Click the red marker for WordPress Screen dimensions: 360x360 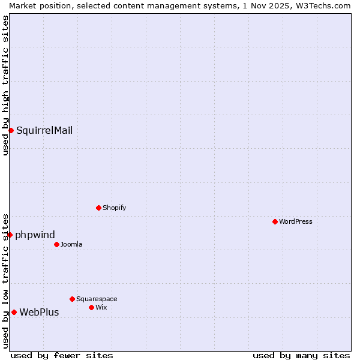click(275, 221)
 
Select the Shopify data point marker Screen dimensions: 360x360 click(98, 208)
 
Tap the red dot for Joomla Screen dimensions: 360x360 click(56, 244)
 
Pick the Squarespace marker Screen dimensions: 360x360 click(72, 299)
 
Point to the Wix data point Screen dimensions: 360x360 click(91, 307)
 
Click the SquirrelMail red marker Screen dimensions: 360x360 click(11, 130)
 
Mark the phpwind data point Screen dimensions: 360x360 click(10, 235)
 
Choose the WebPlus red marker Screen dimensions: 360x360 click(14, 312)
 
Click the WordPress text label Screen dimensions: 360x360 click(296, 221)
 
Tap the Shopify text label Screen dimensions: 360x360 click(114, 208)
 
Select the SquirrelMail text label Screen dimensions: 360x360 click(44, 130)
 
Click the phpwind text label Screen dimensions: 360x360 click(35, 235)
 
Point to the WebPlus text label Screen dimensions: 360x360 click(39, 312)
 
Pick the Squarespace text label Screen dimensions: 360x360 click(97, 299)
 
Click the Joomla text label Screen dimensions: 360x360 click(71, 244)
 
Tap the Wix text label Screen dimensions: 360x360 click(101, 307)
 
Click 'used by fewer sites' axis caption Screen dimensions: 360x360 click(62, 355)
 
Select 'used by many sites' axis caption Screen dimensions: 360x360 click(301, 355)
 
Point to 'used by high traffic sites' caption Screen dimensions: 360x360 click(5, 85)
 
